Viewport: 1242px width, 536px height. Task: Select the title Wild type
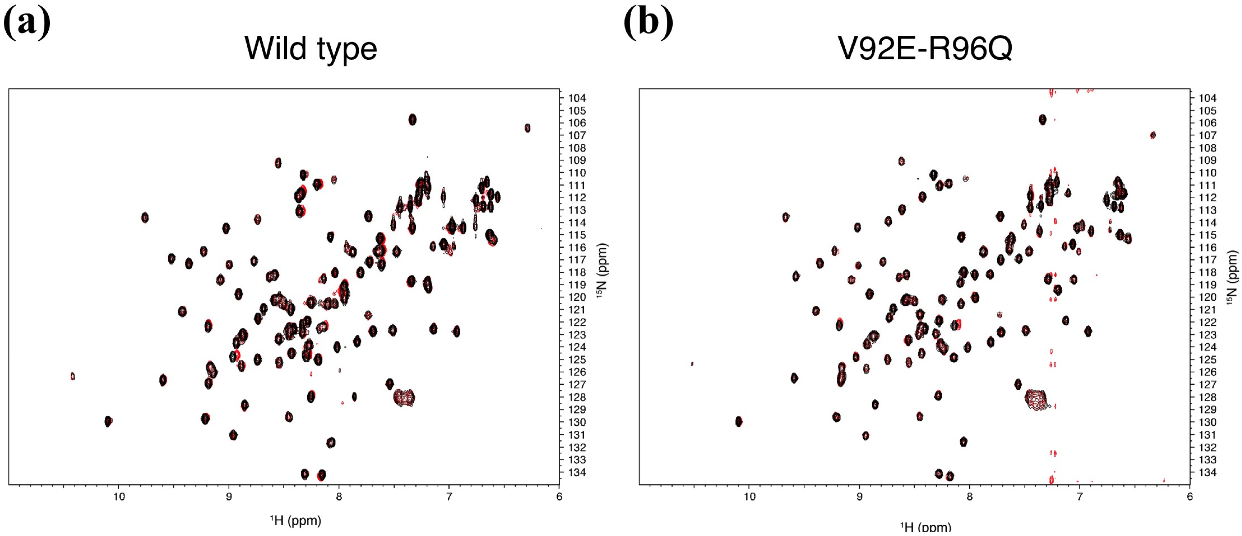coord(310,48)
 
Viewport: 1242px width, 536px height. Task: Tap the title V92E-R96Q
coord(925,48)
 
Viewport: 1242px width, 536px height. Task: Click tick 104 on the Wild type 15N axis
coord(577,98)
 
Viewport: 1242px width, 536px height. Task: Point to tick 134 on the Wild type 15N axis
coord(577,473)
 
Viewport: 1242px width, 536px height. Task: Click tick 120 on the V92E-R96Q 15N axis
coord(1207,298)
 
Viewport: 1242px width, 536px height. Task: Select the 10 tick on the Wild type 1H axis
coord(119,497)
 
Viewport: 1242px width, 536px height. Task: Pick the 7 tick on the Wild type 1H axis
coord(449,497)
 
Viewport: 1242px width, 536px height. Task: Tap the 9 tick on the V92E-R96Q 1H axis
coord(860,497)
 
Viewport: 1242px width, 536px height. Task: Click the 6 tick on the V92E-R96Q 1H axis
coord(1190,497)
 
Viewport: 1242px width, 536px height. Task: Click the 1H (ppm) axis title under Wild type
coord(295,521)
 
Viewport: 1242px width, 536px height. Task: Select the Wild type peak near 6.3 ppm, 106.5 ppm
coord(527,128)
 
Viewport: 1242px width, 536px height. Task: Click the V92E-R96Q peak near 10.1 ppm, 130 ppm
coord(739,422)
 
